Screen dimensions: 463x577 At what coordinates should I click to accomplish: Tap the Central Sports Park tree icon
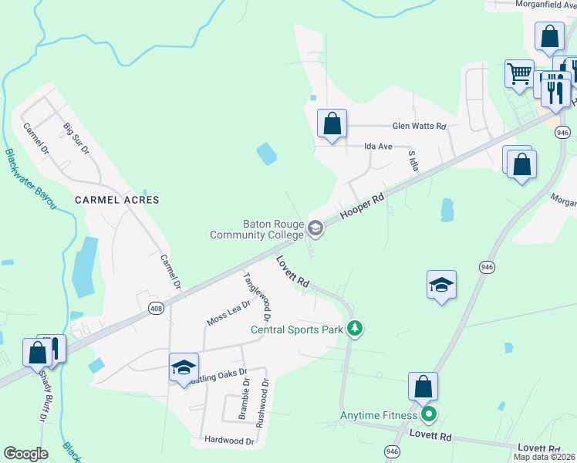point(354,329)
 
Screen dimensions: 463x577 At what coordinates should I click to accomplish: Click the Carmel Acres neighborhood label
point(116,200)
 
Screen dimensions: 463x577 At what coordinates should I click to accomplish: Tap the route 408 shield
point(157,308)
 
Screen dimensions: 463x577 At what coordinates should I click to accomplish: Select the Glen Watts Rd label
point(419,126)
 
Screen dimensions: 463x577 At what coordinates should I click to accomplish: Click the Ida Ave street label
point(379,146)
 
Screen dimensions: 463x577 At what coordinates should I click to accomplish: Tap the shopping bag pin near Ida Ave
point(332,123)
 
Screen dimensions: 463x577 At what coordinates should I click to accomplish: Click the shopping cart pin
point(519,75)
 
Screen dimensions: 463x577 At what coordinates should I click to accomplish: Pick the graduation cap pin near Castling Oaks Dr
point(184,367)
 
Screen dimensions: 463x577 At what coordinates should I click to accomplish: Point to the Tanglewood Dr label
point(258,296)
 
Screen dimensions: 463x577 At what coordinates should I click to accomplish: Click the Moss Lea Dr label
point(229,313)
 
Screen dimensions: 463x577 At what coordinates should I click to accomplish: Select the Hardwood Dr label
point(229,441)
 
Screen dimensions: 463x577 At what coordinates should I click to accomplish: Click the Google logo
point(26,453)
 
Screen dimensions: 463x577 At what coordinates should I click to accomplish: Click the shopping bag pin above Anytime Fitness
point(423,386)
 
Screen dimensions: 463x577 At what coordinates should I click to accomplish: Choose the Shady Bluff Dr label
point(42,394)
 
